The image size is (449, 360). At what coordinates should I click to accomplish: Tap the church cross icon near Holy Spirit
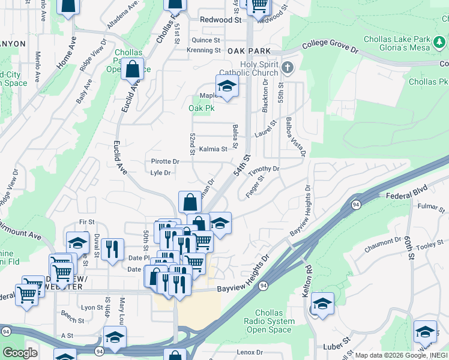coord(288,66)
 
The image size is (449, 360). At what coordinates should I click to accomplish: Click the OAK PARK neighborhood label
coord(249,52)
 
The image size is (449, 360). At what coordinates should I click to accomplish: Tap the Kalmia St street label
coord(214,149)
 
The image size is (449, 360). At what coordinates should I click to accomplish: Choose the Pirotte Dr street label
coord(165,161)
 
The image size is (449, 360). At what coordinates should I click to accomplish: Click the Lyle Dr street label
coord(160,173)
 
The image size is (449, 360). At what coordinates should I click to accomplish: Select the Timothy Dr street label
coord(264,169)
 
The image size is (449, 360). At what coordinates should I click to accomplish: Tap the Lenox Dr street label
coord(250,352)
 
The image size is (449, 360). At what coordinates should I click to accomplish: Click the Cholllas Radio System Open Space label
coord(275,321)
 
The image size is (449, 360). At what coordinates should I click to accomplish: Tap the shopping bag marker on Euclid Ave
coord(132,69)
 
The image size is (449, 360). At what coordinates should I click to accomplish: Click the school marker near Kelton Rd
coord(322,304)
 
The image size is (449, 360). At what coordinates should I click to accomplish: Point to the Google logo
coord(20,353)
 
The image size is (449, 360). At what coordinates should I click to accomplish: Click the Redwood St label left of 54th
coord(220,20)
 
